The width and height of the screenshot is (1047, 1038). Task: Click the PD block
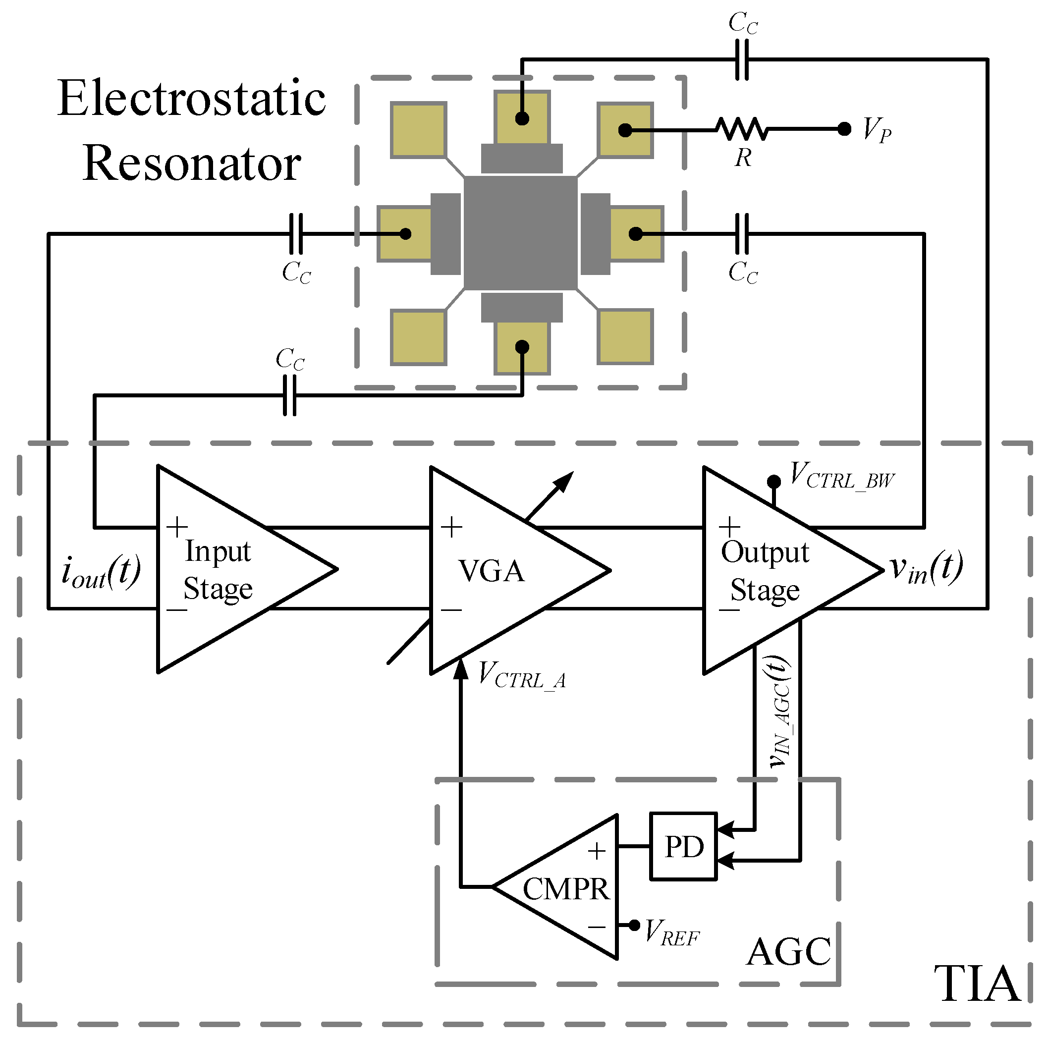tap(683, 846)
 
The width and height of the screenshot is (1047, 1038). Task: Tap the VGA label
tap(492, 570)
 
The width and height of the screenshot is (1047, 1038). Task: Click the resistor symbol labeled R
tap(741, 129)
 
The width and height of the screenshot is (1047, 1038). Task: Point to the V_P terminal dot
tap(844, 129)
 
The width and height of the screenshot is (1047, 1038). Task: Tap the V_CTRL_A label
tap(522, 676)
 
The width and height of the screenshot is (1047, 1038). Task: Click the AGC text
tap(788, 952)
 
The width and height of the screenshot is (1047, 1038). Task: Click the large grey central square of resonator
tap(520, 233)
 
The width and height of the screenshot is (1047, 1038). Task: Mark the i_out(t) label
tap(102, 572)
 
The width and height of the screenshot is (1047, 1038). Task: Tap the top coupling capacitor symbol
tap(742, 59)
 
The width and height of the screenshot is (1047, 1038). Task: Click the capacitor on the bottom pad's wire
tap(290, 395)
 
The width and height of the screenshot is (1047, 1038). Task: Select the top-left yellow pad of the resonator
tap(418, 130)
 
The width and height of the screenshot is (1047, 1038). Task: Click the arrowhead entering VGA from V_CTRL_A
tap(461, 669)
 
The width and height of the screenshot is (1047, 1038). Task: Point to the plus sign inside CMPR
tap(597, 851)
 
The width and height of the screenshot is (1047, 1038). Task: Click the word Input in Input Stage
tap(218, 551)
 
